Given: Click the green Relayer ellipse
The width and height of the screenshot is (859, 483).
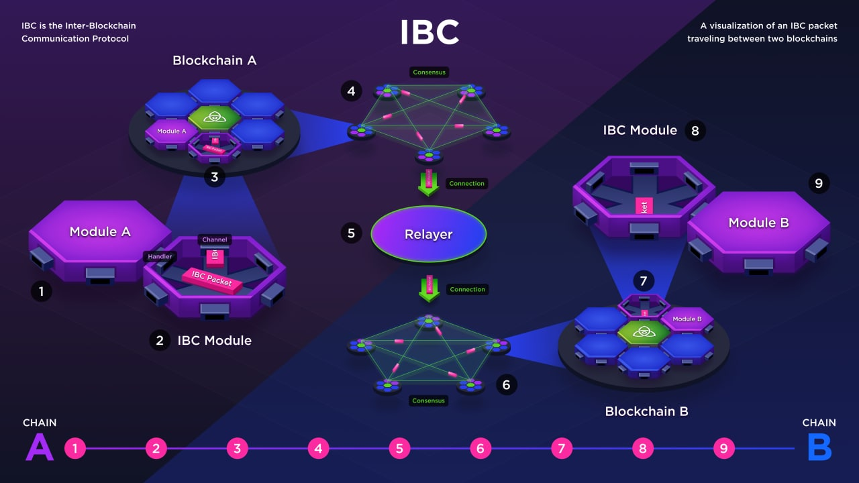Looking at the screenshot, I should click(x=428, y=234).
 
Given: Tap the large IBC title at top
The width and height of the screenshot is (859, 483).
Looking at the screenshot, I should click(x=429, y=32).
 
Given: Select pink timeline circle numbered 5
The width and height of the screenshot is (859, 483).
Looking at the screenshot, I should click(x=399, y=448).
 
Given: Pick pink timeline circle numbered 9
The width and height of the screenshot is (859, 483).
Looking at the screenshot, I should click(x=723, y=448).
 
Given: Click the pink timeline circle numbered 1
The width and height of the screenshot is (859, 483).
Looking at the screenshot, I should click(x=75, y=448).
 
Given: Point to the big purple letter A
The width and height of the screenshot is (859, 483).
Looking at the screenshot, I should click(x=39, y=447).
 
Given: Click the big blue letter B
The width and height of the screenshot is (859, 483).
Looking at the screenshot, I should click(x=819, y=447).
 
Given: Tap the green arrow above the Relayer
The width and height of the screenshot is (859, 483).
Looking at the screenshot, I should click(x=428, y=183).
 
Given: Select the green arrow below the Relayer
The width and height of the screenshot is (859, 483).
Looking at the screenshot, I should click(x=428, y=289).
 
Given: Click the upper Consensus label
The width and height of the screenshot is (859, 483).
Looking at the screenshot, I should click(x=429, y=72).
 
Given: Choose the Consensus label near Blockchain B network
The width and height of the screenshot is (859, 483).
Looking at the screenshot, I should click(x=429, y=400).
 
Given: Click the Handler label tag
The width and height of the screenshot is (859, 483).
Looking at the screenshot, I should click(x=160, y=256).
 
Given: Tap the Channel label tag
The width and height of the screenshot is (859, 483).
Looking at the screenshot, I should click(x=215, y=239).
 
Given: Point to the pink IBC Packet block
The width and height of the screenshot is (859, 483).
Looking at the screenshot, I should click(x=212, y=277).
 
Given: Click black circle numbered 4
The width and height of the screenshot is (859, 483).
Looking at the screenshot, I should click(x=351, y=91).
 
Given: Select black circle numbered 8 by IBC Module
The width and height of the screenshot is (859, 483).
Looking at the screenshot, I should click(x=695, y=131).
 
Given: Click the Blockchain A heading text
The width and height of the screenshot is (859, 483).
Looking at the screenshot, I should click(x=214, y=60).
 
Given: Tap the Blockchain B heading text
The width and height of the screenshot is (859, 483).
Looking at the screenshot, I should click(x=646, y=411).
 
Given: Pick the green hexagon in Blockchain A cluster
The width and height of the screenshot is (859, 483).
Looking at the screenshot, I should click(x=214, y=118).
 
